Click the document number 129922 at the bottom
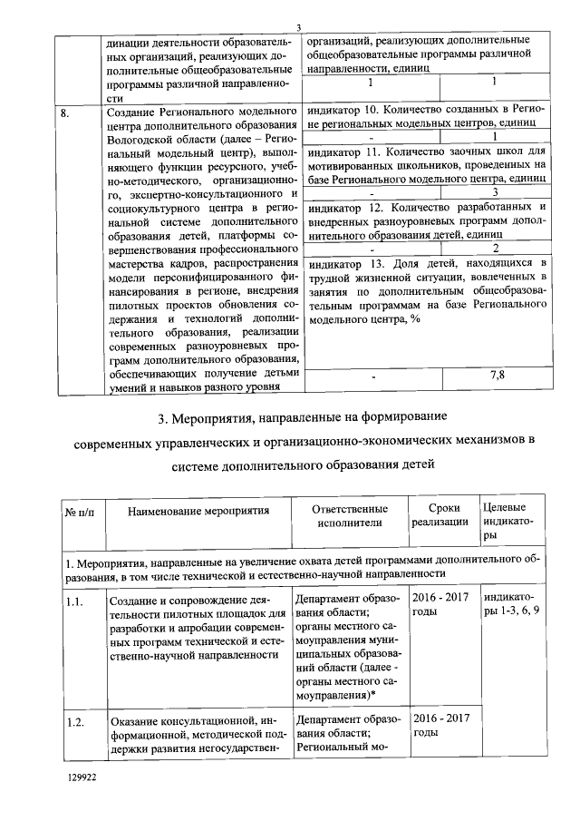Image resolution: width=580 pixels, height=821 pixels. click(x=82, y=777)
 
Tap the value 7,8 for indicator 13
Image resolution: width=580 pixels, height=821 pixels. click(x=495, y=375)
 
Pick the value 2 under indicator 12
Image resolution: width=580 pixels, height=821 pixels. click(x=495, y=249)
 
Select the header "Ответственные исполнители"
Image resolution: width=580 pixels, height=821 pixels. click(x=343, y=515)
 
